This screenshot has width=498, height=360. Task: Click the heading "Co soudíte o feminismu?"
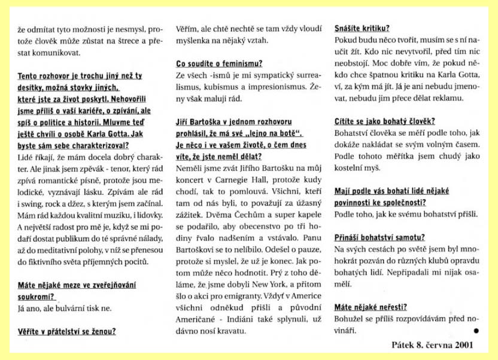pyautogui.click(x=218, y=63)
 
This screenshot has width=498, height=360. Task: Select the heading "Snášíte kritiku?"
pyautogui.click(x=361, y=28)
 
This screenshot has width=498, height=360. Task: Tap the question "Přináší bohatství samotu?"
pyautogui.click(x=379, y=237)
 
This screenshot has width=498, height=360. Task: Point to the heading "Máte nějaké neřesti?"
pyautogui.click(x=371, y=307)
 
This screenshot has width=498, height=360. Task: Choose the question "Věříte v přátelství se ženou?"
pyautogui.click(x=66, y=331)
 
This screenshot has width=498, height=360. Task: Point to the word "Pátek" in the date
pyautogui.click(x=387, y=345)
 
